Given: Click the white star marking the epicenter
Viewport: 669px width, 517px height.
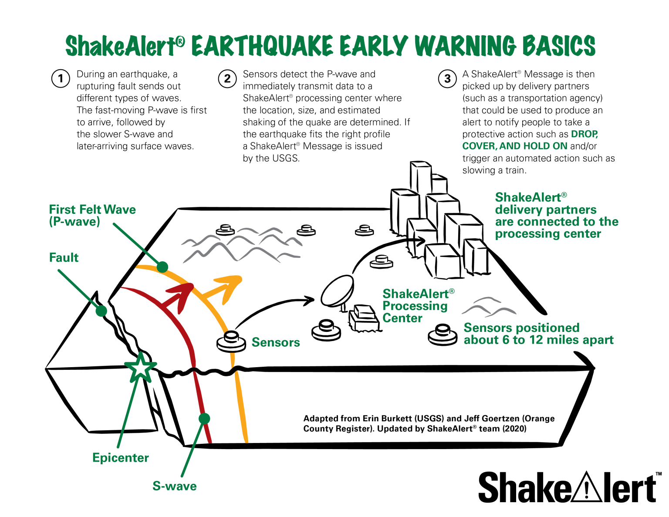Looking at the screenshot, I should point(140,368).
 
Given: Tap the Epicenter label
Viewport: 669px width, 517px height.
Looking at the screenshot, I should point(121,458).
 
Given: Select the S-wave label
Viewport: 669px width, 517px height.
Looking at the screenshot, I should point(174,486).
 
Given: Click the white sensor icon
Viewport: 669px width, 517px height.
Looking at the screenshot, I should point(231,342).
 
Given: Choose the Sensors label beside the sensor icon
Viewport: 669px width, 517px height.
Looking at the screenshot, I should point(276,342).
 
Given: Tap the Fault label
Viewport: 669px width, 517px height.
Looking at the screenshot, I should point(64,258).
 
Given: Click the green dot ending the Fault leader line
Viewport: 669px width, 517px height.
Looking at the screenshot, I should point(101,311).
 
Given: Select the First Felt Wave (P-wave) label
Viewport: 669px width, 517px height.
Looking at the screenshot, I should point(92,216).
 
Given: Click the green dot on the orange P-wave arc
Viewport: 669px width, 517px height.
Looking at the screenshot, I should point(162,267).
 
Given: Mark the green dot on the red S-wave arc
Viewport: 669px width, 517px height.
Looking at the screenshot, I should point(204,419).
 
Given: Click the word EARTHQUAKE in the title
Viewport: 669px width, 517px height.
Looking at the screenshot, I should point(262,46).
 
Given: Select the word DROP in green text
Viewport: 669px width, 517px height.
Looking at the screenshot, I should point(584,134).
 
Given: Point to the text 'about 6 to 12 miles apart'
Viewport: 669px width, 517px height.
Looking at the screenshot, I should point(538,340).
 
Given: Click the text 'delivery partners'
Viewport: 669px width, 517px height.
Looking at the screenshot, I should point(546,210).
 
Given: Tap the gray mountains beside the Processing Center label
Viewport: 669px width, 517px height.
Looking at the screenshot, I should point(489,307).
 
